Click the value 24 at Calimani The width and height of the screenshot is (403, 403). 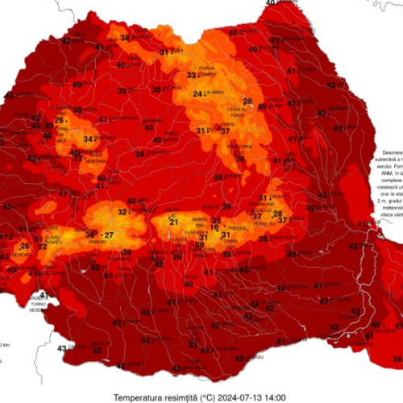point(197,93)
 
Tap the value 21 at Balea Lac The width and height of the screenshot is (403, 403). point(173,221)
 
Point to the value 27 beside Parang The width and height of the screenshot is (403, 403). point(108,235)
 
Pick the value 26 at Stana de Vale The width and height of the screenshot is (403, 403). point(59,121)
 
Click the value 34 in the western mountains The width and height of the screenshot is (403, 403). point(89,139)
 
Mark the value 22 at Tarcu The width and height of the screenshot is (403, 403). point(41,246)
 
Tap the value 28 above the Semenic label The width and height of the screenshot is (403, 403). point(25,246)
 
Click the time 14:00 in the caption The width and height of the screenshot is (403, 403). point(276,397)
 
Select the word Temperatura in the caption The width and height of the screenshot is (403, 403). point(140,397)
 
